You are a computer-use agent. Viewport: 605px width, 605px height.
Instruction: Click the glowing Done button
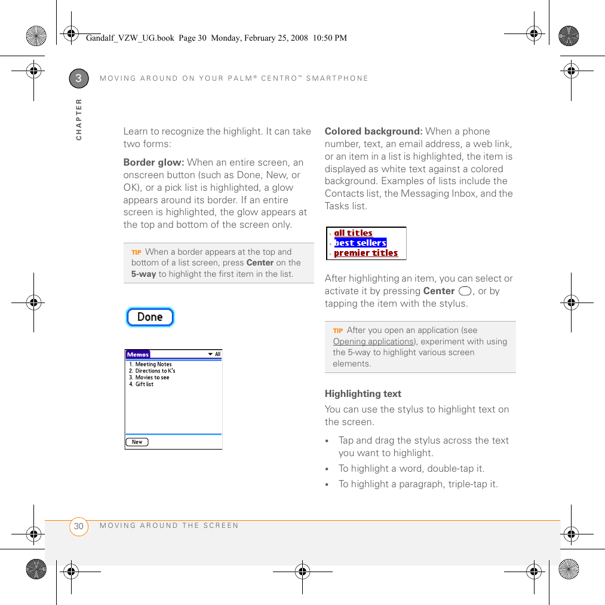click(x=150, y=317)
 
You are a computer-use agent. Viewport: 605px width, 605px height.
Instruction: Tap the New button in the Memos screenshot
click(x=137, y=442)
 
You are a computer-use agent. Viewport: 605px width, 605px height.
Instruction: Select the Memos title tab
click(x=137, y=354)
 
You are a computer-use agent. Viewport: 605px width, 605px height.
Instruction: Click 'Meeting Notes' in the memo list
click(x=153, y=364)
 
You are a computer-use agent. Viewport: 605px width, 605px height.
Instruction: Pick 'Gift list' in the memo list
click(x=144, y=384)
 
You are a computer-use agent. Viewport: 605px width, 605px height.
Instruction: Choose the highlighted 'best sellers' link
click(x=360, y=243)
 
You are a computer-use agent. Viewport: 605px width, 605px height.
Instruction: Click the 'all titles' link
click(x=353, y=233)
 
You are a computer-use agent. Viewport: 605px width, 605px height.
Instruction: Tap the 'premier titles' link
click(x=366, y=253)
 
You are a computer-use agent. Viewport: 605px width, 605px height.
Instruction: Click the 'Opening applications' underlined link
click(x=373, y=341)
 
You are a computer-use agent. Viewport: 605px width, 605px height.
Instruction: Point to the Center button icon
click(x=465, y=291)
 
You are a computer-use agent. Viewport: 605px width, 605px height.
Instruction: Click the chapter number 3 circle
click(x=79, y=78)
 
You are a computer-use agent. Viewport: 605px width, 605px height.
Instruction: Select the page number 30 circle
click(x=79, y=526)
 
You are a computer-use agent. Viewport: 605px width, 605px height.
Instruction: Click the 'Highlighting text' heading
click(x=363, y=394)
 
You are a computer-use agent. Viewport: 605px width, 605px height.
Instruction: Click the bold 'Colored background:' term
click(x=373, y=132)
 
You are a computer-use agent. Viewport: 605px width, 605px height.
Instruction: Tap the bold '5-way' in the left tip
click(x=143, y=274)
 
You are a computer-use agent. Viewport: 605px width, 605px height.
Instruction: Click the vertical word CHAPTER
click(x=79, y=120)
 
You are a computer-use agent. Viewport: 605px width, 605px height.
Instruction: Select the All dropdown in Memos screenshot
click(x=214, y=354)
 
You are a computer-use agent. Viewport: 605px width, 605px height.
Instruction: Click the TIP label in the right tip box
click(x=337, y=331)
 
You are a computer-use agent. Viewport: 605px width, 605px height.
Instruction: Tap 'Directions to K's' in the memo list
click(x=155, y=371)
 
